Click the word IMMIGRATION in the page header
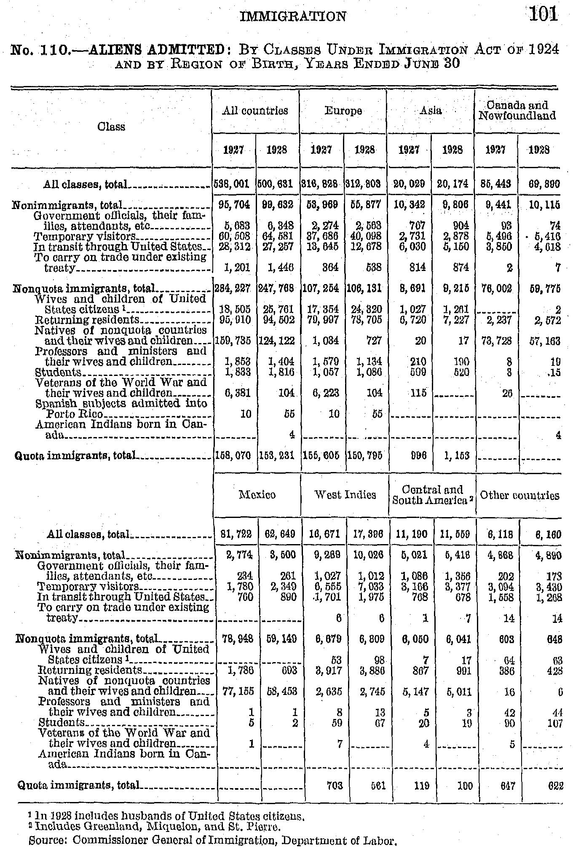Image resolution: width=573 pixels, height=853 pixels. point(292,16)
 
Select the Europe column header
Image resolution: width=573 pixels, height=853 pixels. point(343,111)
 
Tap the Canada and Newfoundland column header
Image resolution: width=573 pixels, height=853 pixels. point(517,110)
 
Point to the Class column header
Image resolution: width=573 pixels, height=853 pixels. point(111,127)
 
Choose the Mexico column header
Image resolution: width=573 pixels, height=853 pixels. point(257,494)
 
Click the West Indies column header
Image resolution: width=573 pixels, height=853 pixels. point(345,494)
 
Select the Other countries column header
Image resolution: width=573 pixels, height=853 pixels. point(519,495)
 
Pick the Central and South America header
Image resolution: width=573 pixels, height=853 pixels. point(432,495)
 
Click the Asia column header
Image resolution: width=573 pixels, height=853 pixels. point(430,111)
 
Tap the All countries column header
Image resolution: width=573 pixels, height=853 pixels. point(255,111)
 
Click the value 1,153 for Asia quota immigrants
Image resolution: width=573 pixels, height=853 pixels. point(453,455)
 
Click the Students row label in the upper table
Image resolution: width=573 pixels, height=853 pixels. point(59,372)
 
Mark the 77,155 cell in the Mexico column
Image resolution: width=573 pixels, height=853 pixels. point(239,692)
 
